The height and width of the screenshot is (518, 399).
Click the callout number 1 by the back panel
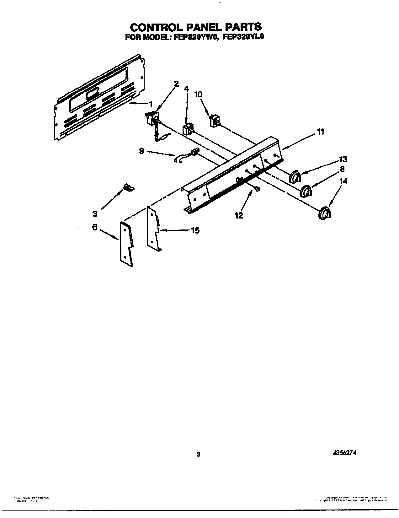pos(151,104)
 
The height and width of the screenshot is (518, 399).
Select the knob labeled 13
pos(295,177)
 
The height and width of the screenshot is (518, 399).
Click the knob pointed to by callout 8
pos(306,191)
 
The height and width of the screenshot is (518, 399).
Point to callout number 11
pos(320,132)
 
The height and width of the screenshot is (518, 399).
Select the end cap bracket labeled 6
pos(126,244)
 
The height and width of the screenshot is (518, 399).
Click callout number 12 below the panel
pos(239,216)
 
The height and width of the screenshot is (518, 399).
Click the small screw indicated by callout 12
pos(257,189)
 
